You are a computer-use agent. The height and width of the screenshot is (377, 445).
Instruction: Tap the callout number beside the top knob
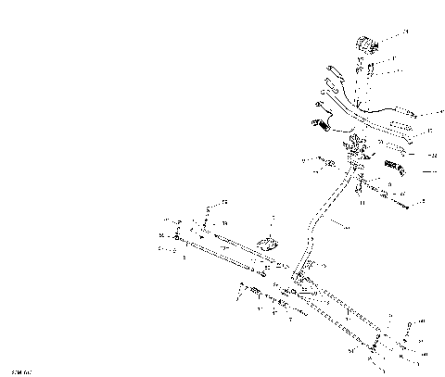(x=404, y=32)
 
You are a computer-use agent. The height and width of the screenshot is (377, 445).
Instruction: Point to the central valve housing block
(x=356, y=149)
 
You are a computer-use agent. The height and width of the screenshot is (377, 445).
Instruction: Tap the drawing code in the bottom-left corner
(x=17, y=370)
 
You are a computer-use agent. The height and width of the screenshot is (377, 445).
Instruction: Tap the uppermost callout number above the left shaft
(x=222, y=202)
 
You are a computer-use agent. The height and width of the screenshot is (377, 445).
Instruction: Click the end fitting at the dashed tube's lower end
(x=375, y=349)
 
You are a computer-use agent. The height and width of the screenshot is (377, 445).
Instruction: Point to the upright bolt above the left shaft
(x=202, y=224)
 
